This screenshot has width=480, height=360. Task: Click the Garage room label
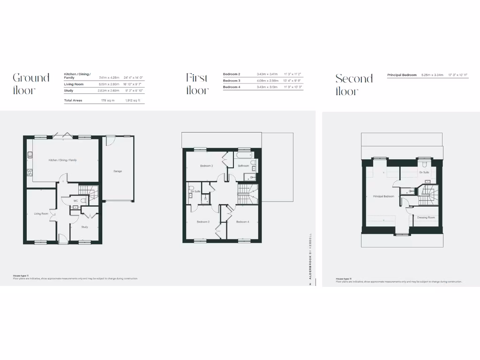tap(117, 171)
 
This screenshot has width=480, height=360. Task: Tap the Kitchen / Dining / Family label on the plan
tap(62, 160)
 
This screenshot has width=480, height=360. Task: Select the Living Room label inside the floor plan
tap(41, 214)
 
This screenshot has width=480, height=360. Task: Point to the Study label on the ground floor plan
tap(84, 227)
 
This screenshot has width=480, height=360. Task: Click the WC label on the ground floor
tap(75, 201)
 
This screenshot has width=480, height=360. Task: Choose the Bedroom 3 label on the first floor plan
tap(206, 166)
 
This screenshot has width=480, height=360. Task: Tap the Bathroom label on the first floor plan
tap(243, 166)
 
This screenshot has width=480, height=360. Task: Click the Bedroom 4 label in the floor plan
tap(243, 221)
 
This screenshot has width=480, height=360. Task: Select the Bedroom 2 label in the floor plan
tap(203, 221)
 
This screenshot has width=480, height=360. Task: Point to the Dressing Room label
tap(426, 217)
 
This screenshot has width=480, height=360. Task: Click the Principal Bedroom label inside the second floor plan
tap(383, 196)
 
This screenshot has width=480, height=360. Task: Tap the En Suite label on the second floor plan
tap(424, 172)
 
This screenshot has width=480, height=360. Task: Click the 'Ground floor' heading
tap(31, 84)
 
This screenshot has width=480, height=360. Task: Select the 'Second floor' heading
tap(354, 84)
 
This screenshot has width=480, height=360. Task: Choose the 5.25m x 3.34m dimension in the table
tap(432, 75)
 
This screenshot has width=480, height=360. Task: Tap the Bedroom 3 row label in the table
tap(232, 81)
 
